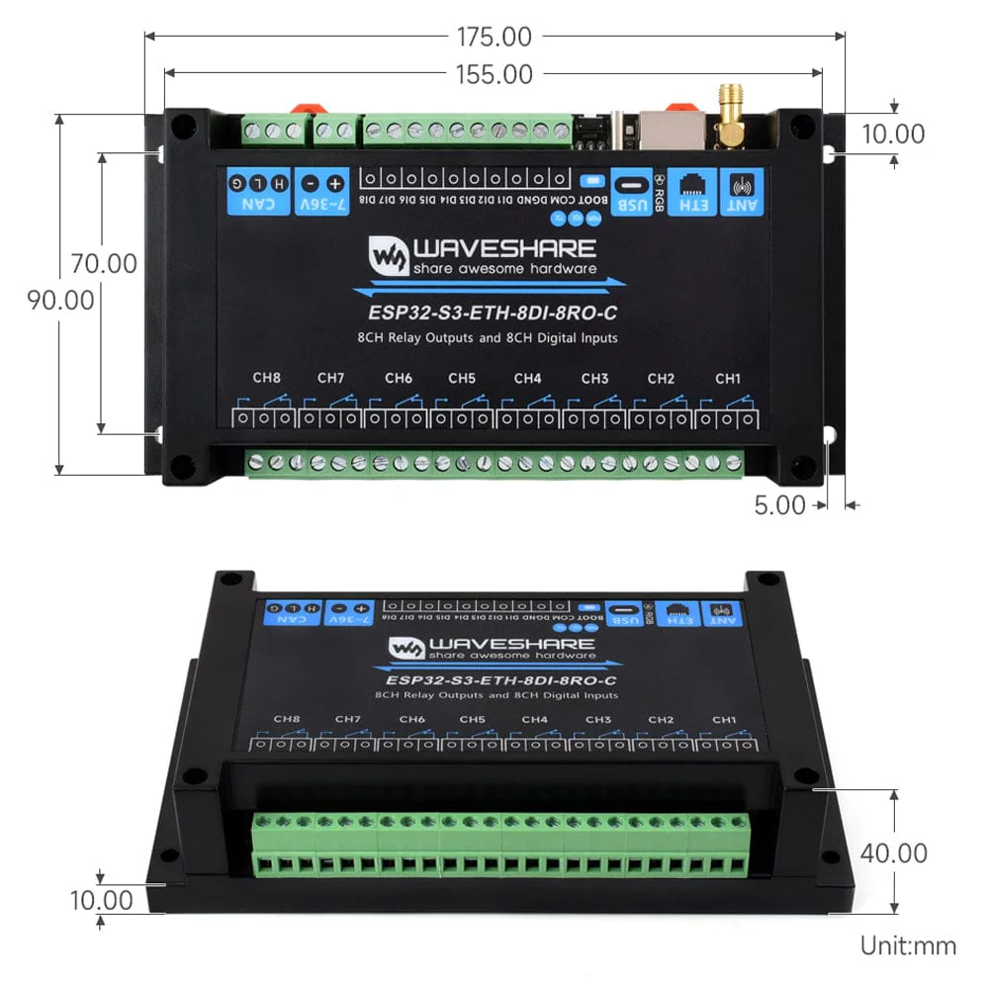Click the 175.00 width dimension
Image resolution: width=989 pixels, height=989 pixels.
[494, 38]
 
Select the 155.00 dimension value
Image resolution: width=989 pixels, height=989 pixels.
[494, 74]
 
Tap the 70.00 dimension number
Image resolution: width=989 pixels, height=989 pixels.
[103, 264]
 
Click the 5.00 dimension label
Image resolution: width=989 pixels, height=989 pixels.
[780, 504]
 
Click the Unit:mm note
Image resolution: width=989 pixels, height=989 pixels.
[908, 945]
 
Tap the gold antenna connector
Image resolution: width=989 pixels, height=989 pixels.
[732, 114]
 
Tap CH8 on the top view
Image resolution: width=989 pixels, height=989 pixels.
[266, 378]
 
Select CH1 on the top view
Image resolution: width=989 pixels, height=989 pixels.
[728, 378]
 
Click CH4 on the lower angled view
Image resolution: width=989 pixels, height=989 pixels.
[534, 719]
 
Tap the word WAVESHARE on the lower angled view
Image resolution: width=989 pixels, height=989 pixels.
[512, 643]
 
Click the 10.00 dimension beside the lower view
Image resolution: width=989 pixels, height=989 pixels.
[103, 901]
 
